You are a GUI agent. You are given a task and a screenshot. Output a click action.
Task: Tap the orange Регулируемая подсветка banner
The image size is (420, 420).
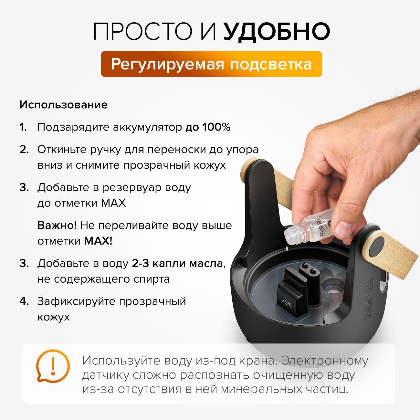point(211,64)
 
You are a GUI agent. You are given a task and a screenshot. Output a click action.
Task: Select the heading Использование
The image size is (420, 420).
point(63,105)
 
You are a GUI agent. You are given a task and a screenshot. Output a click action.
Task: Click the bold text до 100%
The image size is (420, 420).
point(208,127)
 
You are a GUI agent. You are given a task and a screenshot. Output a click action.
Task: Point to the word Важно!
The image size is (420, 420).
point(57,225)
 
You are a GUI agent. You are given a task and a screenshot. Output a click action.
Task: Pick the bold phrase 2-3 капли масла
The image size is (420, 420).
point(177,263)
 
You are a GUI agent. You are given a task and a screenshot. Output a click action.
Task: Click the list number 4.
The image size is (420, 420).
point(24,301)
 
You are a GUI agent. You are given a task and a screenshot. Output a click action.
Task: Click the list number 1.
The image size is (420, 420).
point(23,127)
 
